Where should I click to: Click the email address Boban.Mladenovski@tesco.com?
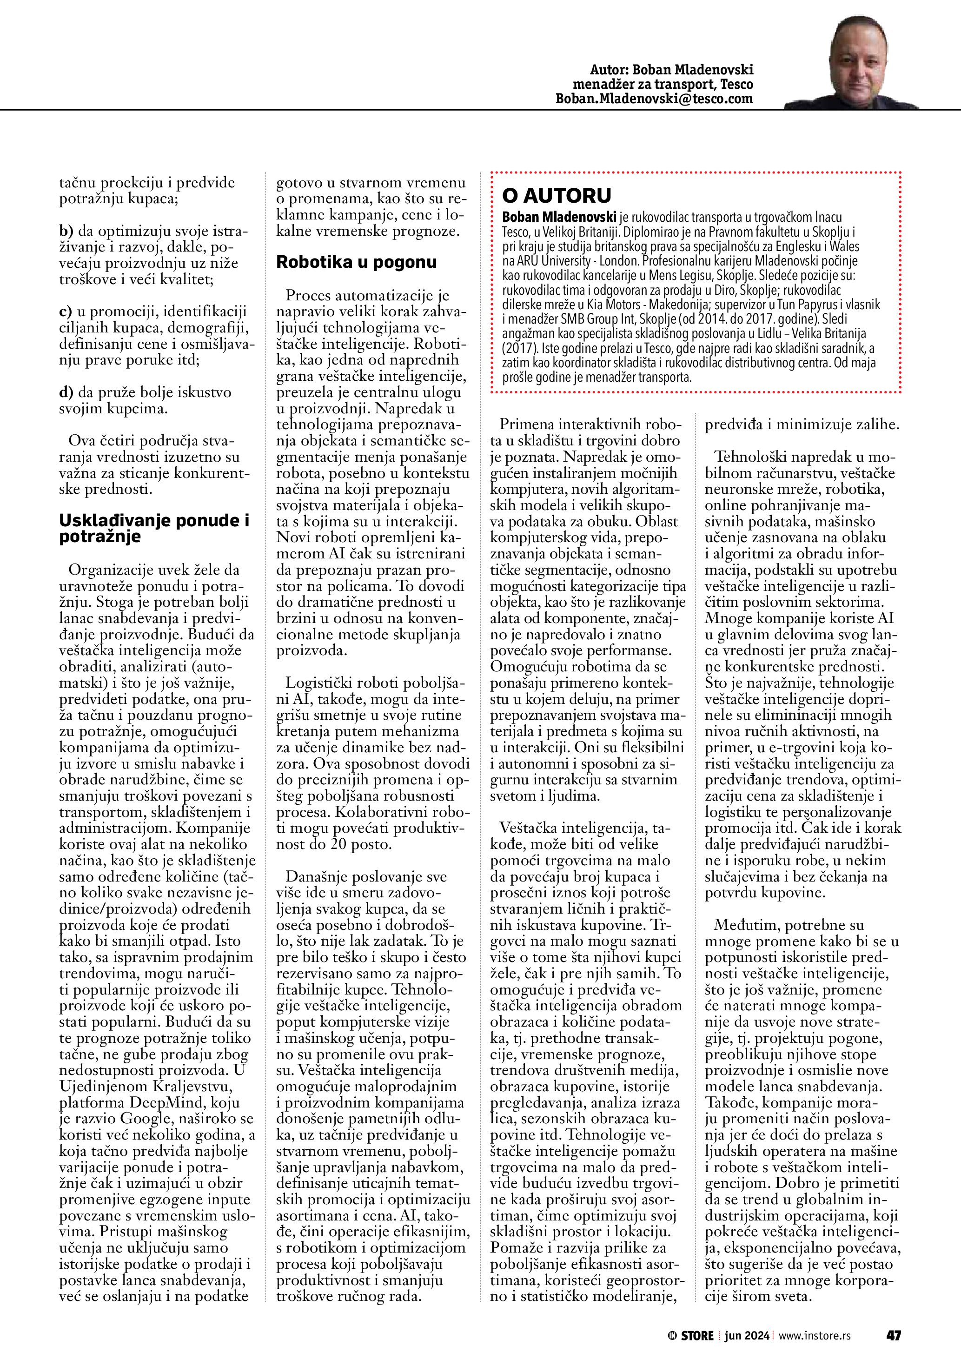coord(654,99)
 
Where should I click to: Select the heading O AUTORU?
coord(556,195)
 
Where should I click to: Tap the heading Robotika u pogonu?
coord(356,262)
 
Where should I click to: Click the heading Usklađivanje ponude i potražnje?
coord(154,529)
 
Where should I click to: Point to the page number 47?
coord(893,1335)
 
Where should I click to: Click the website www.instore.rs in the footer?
coord(814,1336)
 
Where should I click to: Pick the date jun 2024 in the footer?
coord(747,1336)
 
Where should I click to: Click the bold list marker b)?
coord(66,232)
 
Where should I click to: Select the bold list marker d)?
coord(66,392)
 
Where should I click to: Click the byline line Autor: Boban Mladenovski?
coord(672,70)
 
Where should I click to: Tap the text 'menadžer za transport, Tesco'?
coord(663,85)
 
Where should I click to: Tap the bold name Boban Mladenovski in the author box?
coord(559,217)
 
